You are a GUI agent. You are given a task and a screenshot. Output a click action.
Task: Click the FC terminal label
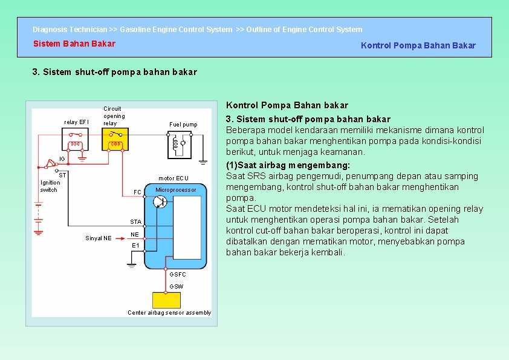coord(137,192)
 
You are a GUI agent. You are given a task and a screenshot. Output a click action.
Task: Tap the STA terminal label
coord(136,222)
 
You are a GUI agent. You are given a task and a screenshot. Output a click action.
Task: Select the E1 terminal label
coord(135,245)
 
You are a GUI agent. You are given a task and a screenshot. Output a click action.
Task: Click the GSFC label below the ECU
coord(178,275)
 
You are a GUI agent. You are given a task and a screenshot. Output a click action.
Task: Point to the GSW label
coord(177,286)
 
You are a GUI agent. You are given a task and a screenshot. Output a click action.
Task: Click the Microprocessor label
coord(176,190)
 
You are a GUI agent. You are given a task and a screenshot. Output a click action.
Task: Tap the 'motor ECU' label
coord(173,178)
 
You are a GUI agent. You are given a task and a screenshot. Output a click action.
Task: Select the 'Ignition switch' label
coord(50,186)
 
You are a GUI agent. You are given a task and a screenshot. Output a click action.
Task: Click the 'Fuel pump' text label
coord(183,125)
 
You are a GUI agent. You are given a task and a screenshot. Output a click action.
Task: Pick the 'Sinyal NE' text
coord(98,238)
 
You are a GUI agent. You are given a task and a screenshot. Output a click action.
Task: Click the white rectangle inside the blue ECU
coord(187,227)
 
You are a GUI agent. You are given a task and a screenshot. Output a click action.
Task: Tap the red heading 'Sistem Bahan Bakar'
coord(74,44)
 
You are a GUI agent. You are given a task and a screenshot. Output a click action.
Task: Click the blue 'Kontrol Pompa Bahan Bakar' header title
coord(418,45)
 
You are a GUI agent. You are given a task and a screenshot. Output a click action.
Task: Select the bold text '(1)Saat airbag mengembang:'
coord(288,165)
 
